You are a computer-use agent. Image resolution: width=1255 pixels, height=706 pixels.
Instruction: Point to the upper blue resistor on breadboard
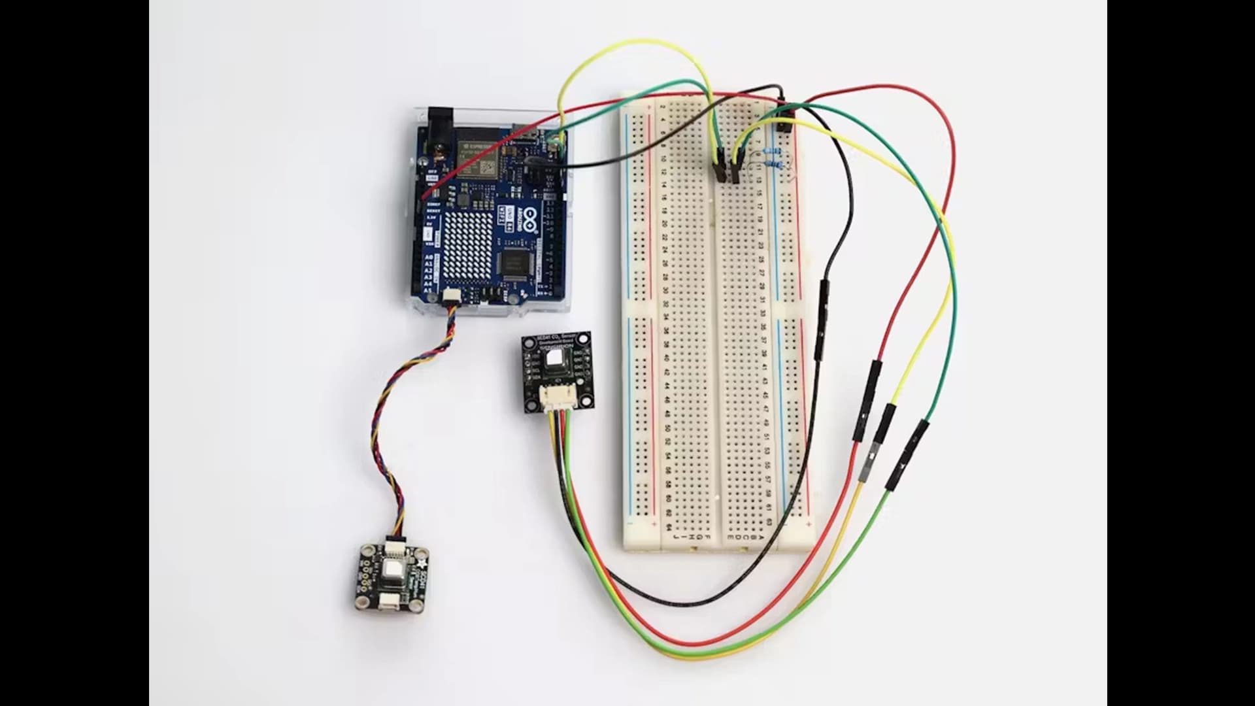773,152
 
